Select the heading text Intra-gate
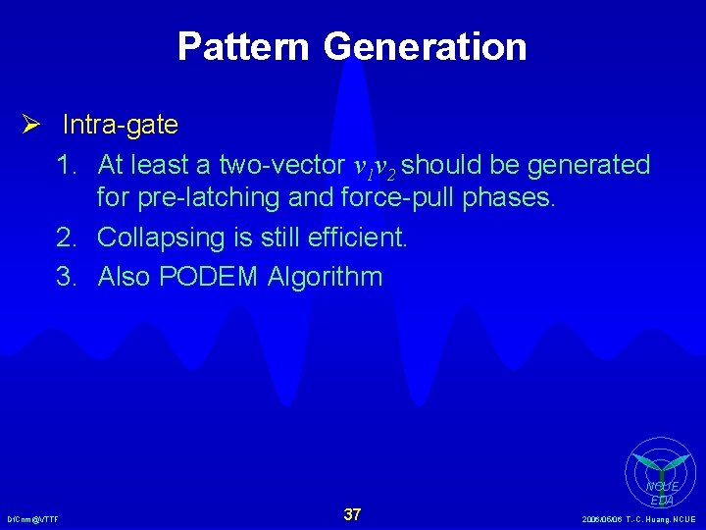click(x=121, y=125)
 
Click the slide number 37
click(x=353, y=514)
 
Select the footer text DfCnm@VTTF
click(x=32, y=519)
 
